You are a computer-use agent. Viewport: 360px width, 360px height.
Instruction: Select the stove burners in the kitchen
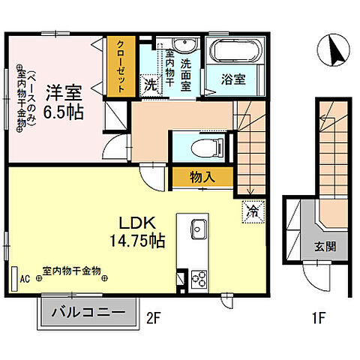coord(200,280)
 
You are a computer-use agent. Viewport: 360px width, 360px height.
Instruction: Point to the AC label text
coord(25,277)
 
